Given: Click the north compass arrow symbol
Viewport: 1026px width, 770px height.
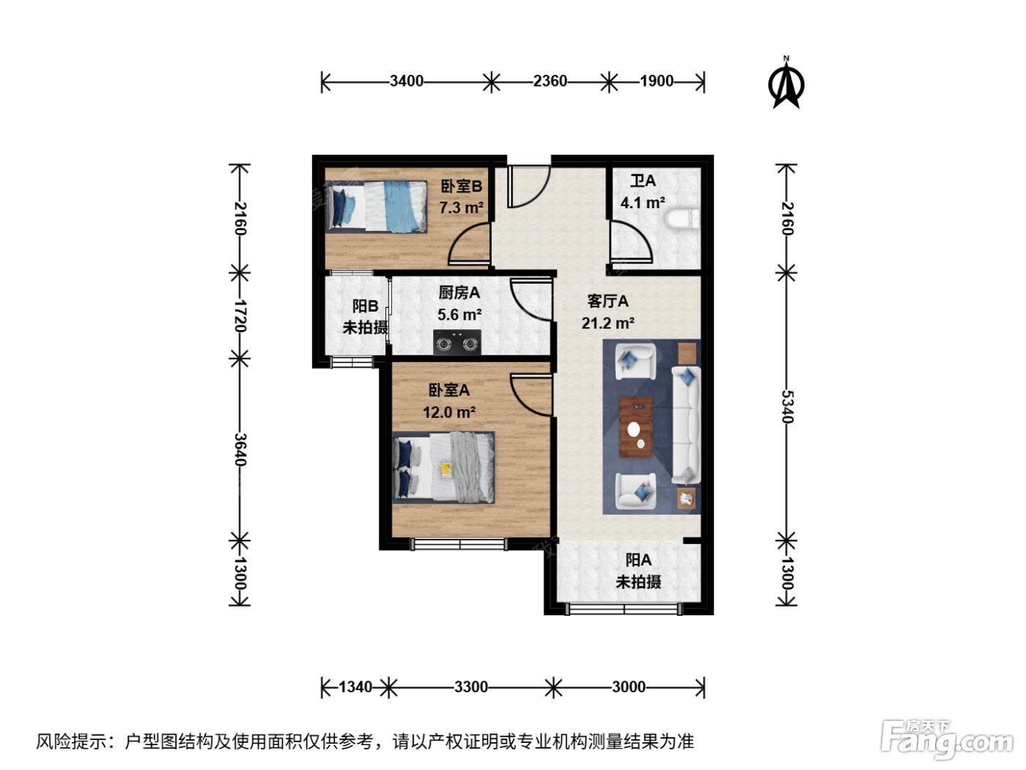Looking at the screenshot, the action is point(786,83).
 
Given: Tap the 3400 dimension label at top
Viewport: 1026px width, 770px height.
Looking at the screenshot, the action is point(406,81).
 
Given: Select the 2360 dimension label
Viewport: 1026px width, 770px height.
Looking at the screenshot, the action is point(550,81).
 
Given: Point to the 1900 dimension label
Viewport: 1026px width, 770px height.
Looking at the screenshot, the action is point(656,81).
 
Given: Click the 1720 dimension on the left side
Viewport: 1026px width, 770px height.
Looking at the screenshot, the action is point(240,315).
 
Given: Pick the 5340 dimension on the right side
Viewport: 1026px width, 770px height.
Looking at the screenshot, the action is point(787,406).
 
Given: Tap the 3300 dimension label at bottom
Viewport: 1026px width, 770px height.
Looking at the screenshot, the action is point(470,687).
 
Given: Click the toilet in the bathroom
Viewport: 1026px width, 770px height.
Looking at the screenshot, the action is point(682,219).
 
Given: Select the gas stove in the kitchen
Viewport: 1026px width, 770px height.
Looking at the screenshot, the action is point(457,342).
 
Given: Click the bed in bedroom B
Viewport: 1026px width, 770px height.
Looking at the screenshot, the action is point(376,207).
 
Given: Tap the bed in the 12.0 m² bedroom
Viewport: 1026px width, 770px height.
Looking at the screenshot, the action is point(443,467).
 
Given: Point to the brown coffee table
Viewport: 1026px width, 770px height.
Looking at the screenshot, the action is point(635,427).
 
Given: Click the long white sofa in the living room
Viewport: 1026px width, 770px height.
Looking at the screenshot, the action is point(686,425).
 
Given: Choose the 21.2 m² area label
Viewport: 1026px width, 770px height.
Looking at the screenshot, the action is point(608,323).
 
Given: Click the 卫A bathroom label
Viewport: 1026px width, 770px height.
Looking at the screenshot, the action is point(643,180).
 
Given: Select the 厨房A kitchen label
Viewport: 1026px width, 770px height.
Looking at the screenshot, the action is point(459,293).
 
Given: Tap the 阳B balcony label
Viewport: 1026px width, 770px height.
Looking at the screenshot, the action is point(365,307).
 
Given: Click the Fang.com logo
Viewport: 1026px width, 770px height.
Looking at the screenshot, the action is point(947,738).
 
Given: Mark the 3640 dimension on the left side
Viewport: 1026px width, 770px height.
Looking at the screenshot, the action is point(240,450).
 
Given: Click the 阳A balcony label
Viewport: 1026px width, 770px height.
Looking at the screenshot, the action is point(638,560).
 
